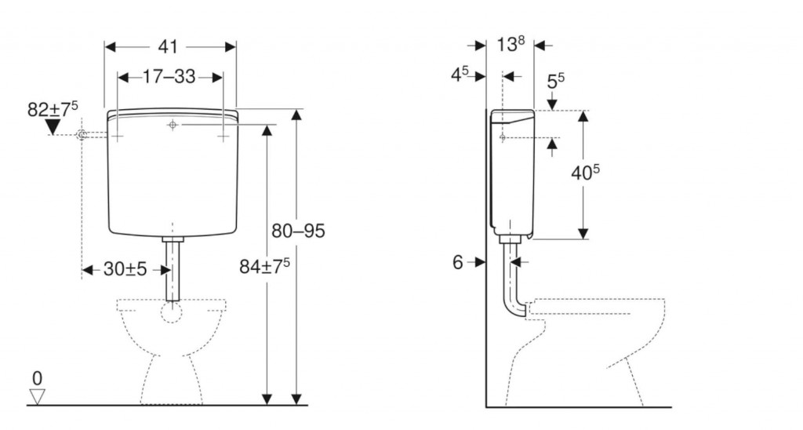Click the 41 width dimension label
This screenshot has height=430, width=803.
coord(168,46)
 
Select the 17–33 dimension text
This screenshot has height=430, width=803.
coord(169,77)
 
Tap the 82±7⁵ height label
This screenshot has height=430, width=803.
coord(53,108)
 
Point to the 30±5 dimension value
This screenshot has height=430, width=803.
coord(125,268)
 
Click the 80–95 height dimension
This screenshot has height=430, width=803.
coord(298,231)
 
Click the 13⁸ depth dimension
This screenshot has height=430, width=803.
coord(511,44)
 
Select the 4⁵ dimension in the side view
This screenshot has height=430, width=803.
coord(460,75)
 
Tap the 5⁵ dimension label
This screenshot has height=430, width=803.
coord(556,81)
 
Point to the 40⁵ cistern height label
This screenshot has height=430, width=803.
coord(585,173)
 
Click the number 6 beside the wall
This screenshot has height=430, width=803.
coord(457,262)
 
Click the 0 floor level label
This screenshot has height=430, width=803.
coord(37,379)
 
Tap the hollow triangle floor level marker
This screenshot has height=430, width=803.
coord(38,397)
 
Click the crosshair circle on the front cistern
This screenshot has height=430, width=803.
coord(173,125)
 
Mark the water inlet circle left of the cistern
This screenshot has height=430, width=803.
coord(82,135)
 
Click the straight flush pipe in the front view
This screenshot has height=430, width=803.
coord(173,270)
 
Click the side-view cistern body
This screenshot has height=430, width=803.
coord(512,172)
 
